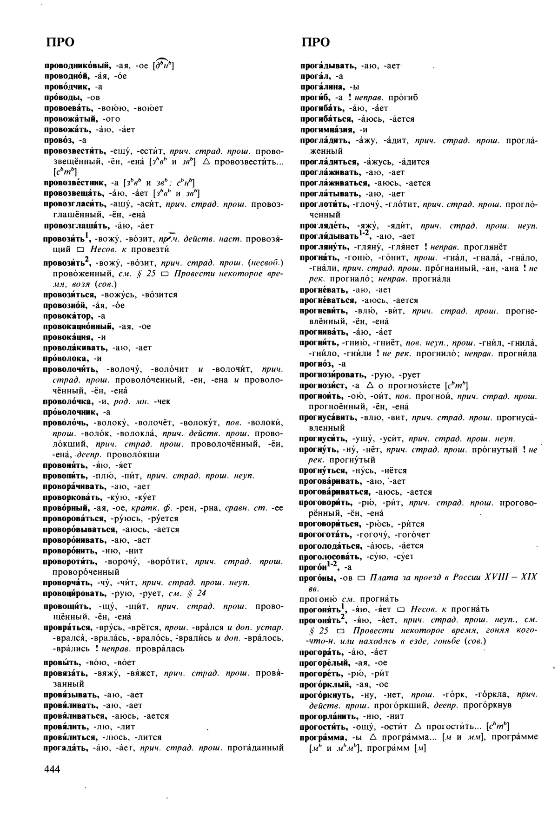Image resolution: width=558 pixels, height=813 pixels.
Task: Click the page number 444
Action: pos(53,769)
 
